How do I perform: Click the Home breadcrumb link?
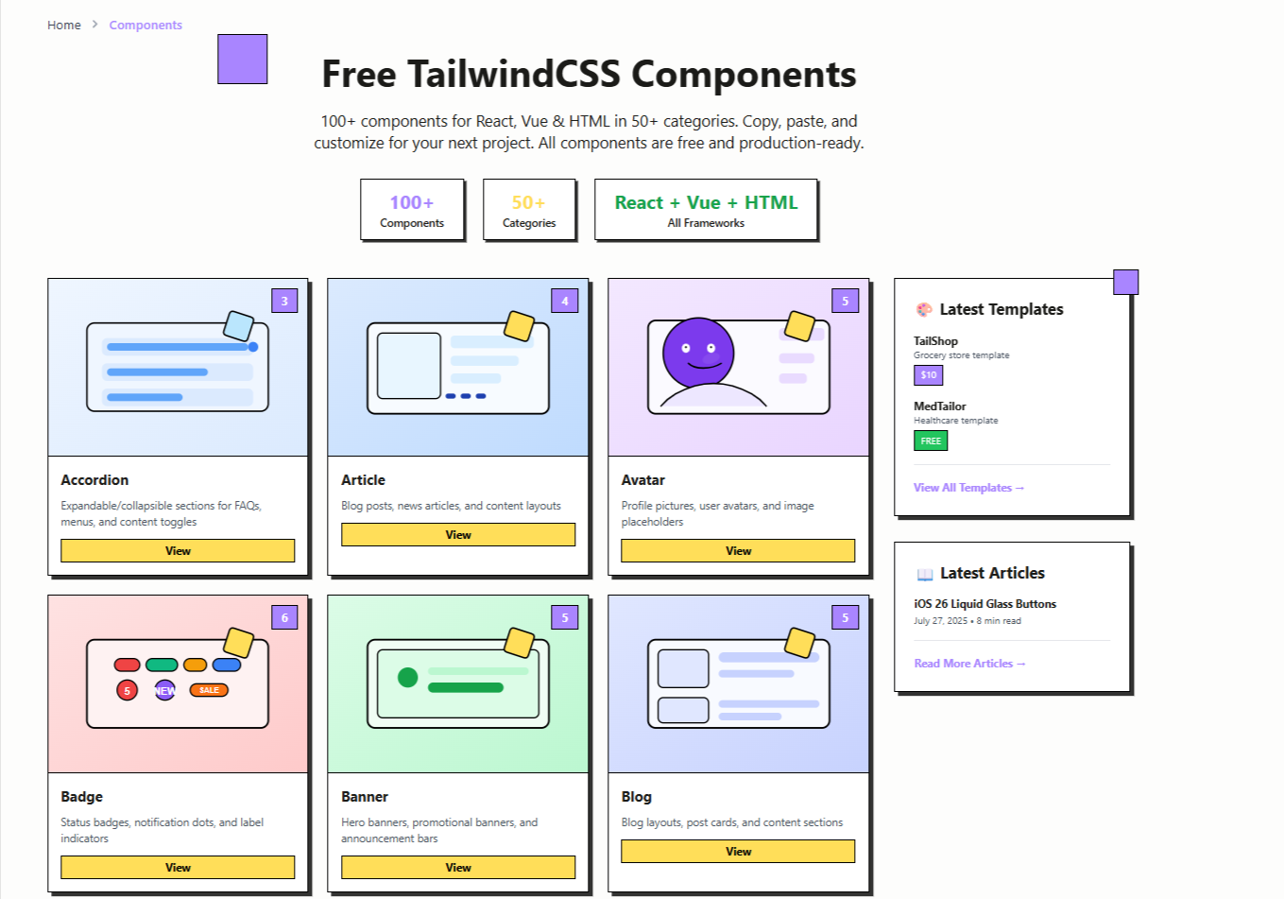[64, 26]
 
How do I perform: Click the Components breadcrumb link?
[146, 26]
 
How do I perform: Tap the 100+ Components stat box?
[412, 210]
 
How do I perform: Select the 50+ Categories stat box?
[529, 210]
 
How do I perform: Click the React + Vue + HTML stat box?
[706, 210]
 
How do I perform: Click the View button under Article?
[458, 535]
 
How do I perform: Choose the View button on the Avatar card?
[738, 551]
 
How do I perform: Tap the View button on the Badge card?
[178, 868]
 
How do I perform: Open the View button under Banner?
[458, 868]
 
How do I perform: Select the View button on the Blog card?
[738, 852]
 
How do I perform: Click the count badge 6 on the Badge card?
[284, 618]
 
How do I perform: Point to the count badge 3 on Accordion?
[284, 302]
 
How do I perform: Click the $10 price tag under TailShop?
[929, 375]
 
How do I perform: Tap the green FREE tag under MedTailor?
[931, 441]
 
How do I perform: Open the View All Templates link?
[968, 488]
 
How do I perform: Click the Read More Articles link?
[969, 664]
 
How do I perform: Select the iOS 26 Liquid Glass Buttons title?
[984, 604]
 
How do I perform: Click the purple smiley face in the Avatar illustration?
[698, 352]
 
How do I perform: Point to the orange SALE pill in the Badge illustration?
[209, 690]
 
